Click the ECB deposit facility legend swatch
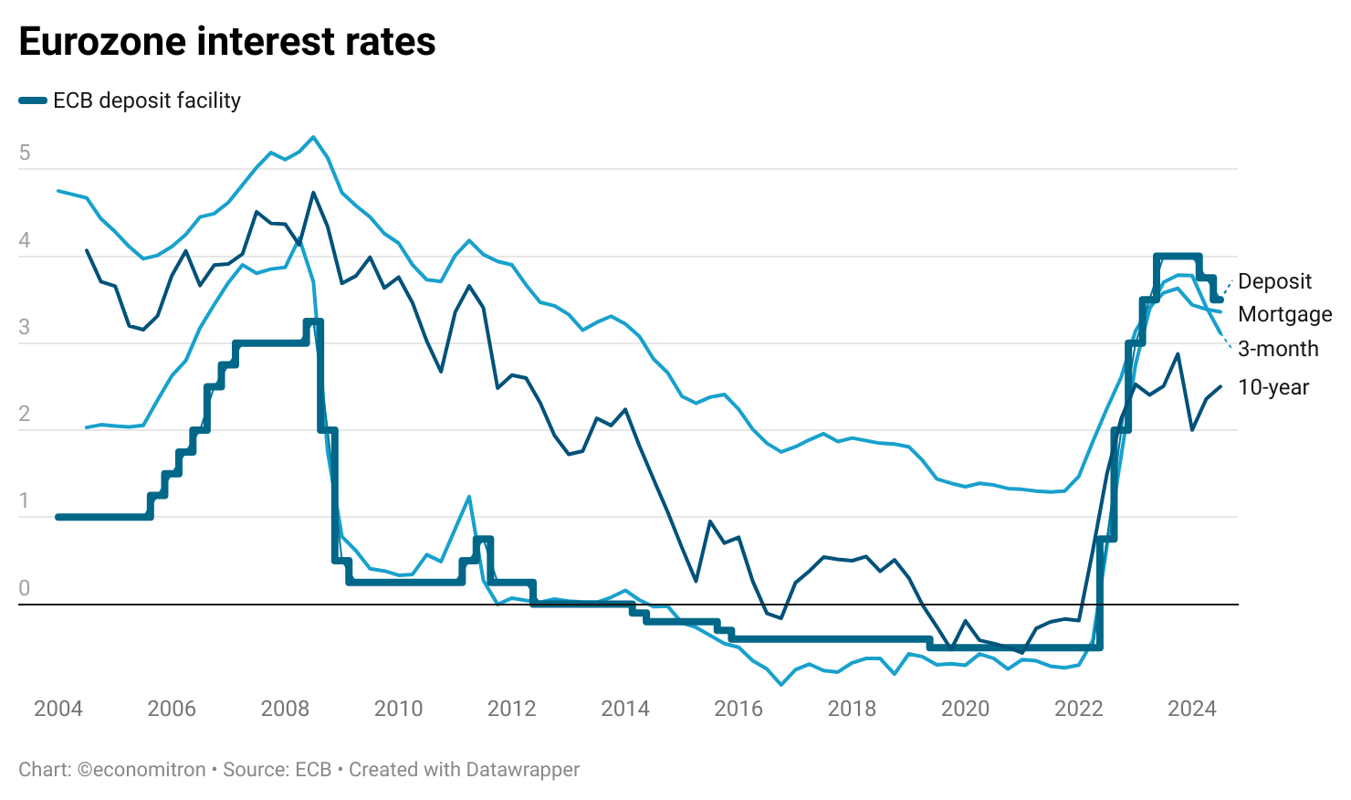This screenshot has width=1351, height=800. coord(33,100)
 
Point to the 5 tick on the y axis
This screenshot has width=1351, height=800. coord(25,153)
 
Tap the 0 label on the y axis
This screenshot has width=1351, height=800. coord(25,588)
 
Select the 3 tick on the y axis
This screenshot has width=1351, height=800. coord(25,327)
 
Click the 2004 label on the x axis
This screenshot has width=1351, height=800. coord(58,709)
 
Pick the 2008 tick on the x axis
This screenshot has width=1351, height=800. coord(285,709)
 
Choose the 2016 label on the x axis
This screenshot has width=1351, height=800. coord(738,709)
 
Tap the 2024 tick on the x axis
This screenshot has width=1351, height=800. coord(1192,709)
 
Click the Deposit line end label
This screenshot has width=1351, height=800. coord(1274,281)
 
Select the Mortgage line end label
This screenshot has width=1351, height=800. coord(1284,314)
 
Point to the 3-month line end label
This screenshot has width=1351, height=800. coord(1278,349)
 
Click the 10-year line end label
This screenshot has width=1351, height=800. coord(1273,387)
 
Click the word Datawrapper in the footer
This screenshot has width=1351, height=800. coord(522,770)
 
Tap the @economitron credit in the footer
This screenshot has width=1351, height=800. coord(141,770)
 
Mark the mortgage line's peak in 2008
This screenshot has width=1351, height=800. coord(313,137)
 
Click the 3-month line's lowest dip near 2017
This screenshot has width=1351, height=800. coord(781,684)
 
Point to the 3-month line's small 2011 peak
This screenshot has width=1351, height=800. coord(469,496)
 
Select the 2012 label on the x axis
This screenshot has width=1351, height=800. coord(511,709)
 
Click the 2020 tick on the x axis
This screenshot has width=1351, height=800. coord(965,709)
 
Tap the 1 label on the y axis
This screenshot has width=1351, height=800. coord(25,501)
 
